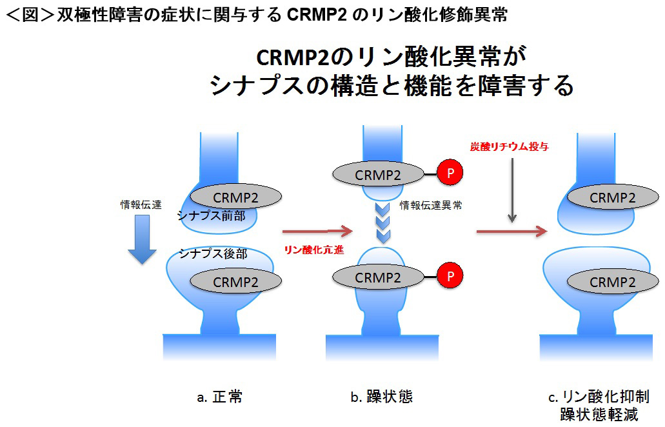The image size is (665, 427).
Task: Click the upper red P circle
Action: pyautogui.click(x=451, y=174)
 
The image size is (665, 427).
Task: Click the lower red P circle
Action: pyautogui.click(x=451, y=277)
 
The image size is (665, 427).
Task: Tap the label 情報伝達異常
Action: pyautogui.click(x=430, y=206)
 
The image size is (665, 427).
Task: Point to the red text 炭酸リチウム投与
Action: pyautogui.click(x=510, y=146)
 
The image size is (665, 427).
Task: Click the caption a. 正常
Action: pyautogui.click(x=219, y=397)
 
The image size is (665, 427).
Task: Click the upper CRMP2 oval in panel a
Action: pyautogui.click(x=236, y=195)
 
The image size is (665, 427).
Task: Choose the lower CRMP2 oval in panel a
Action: pyautogui.click(x=236, y=281)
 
